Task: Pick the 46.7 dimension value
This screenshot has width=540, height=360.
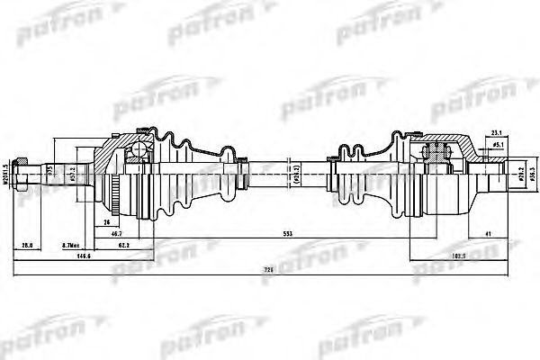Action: pyautogui.click(x=117, y=232)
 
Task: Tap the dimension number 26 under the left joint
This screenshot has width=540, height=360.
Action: pyautogui.click(x=106, y=219)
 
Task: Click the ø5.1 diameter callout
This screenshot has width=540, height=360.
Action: pyautogui.click(x=497, y=144)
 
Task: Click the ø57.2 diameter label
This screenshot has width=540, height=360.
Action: pyautogui.click(x=70, y=171)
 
